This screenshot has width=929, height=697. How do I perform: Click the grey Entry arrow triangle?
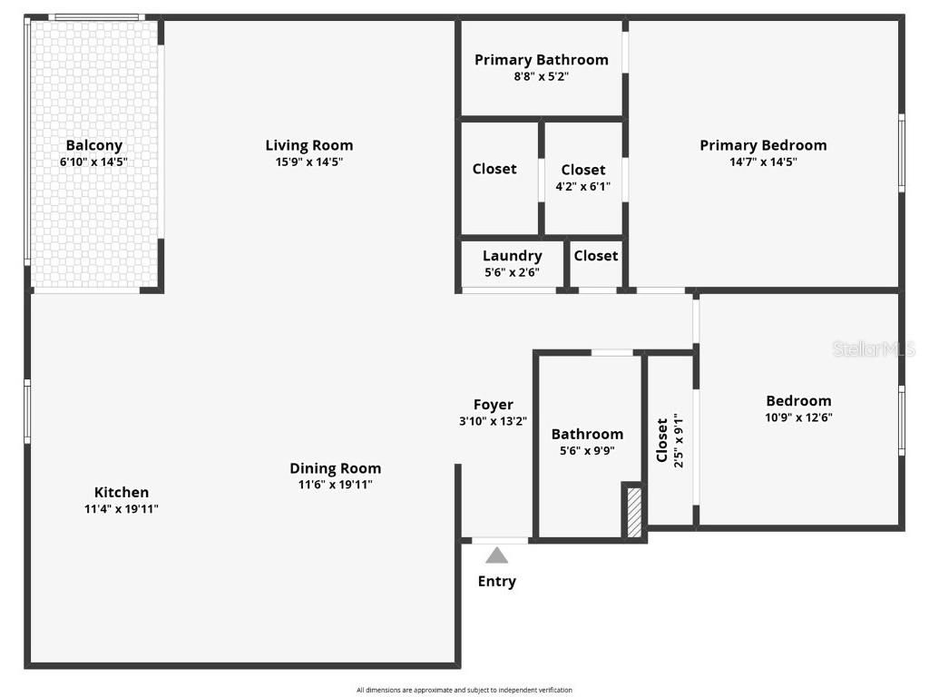pos(496,555)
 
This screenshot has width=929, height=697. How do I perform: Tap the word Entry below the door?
pos(496,582)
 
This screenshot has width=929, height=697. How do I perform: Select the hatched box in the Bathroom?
pos(634,512)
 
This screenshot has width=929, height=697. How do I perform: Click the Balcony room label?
pos(93,145)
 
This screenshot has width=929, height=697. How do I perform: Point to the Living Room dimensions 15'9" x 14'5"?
pos(308,162)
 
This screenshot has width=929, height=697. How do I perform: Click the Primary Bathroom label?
pos(541,60)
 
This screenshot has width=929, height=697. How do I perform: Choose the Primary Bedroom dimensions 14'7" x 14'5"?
pos(762,162)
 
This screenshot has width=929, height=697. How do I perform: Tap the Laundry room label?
pos(512,256)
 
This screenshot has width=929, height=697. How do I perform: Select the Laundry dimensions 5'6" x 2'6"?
pos(512,272)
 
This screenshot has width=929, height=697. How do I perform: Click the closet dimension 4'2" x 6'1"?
pos(582,187)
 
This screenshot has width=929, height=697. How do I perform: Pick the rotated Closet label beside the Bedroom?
pos(662,440)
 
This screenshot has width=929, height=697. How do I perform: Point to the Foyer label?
pos(493,405)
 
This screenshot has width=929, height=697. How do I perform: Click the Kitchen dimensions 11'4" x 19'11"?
pos(122,509)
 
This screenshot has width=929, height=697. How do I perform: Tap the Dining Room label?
pos(335,468)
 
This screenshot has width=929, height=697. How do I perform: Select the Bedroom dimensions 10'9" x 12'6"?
pos(798,417)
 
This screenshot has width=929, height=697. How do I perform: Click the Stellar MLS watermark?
pos(873,348)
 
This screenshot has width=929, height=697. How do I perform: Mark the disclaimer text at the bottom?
pos(464,690)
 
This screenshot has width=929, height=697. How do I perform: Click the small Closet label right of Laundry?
pos(595,256)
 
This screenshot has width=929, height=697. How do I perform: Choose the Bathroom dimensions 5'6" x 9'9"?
pos(587,451)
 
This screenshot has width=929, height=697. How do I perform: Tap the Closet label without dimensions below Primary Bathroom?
pos(494,169)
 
